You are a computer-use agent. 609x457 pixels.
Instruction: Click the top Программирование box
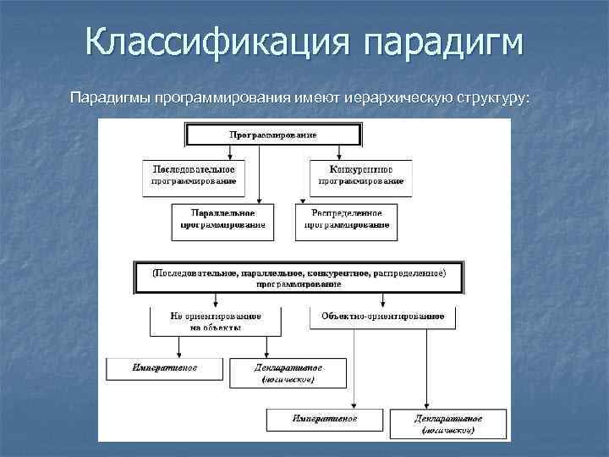point(273,135)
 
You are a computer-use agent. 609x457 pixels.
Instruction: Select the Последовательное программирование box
point(194,173)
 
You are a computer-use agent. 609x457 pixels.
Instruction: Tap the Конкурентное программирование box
point(360,173)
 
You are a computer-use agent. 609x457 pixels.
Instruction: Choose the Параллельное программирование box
point(223,218)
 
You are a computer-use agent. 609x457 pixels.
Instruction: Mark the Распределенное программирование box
point(346,218)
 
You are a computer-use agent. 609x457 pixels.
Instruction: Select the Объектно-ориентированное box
point(382,316)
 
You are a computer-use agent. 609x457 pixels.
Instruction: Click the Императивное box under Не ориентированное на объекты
point(165,369)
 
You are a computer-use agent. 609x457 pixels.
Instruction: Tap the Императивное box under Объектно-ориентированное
point(325,419)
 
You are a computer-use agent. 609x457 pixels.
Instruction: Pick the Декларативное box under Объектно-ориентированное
point(448,424)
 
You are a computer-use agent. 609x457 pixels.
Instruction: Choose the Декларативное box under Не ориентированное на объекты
point(288,373)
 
